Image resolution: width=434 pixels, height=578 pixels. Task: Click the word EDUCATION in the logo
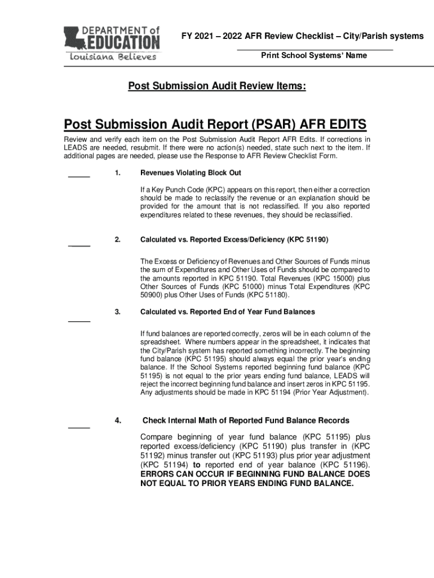[122, 42]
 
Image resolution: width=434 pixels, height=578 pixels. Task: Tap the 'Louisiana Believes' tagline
[113, 56]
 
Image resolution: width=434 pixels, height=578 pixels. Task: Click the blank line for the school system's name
[314, 50]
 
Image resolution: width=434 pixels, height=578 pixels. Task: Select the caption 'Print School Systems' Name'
[314, 55]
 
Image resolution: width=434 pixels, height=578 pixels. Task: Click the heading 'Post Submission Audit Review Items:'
[217, 86]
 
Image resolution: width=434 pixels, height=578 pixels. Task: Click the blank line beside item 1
[79, 177]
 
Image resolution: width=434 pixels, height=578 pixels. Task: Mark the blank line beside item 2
[79, 246]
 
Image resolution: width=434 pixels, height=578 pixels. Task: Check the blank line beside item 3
[79, 321]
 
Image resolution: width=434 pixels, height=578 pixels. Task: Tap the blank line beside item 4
[79, 427]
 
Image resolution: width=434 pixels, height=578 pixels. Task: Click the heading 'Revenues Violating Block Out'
[191, 172]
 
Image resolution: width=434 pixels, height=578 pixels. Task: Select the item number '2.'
[117, 240]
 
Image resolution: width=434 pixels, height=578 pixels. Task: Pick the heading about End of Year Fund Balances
[227, 312]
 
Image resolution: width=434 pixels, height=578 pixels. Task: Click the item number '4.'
[117, 421]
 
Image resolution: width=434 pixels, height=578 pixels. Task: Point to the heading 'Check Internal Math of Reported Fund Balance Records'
[246, 421]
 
